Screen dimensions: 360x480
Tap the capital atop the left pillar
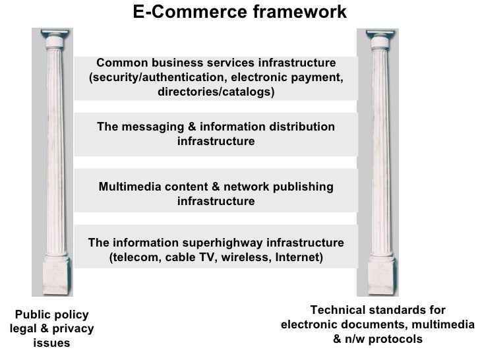52,40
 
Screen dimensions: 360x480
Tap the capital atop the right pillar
378,40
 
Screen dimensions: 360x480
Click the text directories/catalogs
216,92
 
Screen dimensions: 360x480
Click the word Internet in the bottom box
295,256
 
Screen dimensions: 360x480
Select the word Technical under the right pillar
338,311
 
